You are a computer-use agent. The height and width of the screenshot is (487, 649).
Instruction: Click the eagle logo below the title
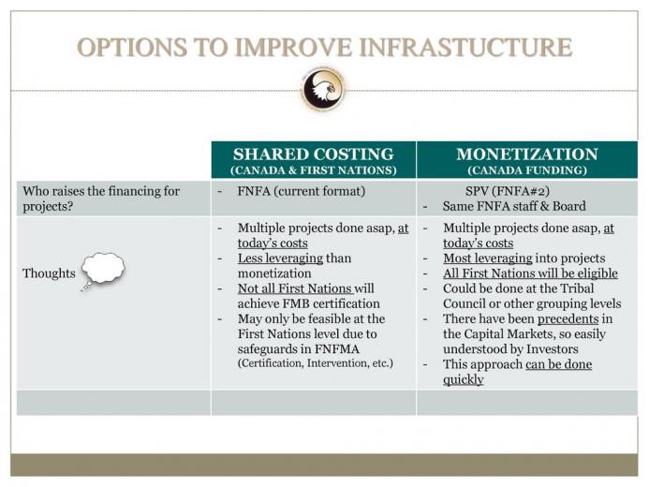pyautogui.click(x=323, y=89)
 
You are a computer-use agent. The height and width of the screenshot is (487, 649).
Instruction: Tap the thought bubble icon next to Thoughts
pyautogui.click(x=103, y=271)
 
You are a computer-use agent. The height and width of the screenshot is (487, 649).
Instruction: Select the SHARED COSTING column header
pyautogui.click(x=314, y=155)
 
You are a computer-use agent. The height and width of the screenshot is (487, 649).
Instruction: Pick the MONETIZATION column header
pyautogui.click(x=527, y=155)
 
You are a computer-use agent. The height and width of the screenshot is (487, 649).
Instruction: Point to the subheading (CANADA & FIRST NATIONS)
pyautogui.click(x=314, y=170)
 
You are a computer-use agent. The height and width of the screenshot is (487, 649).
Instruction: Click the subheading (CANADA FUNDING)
pyautogui.click(x=527, y=170)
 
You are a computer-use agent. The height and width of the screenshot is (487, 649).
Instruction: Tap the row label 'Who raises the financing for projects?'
pyautogui.click(x=101, y=199)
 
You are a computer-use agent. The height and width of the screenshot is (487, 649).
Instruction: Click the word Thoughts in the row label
pyautogui.click(x=49, y=273)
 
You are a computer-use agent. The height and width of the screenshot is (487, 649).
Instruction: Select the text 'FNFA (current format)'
pyautogui.click(x=302, y=191)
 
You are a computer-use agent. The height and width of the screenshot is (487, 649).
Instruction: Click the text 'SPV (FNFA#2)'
pyautogui.click(x=508, y=191)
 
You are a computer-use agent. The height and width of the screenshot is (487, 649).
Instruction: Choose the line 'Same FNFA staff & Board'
pyautogui.click(x=514, y=206)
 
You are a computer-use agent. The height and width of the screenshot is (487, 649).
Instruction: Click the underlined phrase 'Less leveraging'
pyautogui.click(x=280, y=258)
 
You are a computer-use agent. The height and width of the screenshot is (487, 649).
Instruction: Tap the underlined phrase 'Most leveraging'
pyautogui.click(x=488, y=258)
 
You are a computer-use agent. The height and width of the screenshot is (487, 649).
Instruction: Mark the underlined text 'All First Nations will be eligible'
pyautogui.click(x=530, y=273)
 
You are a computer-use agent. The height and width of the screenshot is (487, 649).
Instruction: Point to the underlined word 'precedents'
pyautogui.click(x=568, y=319)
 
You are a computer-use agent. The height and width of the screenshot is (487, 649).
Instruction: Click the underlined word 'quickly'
pyautogui.click(x=464, y=379)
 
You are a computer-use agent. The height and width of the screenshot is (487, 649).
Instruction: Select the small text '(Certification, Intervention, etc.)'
pyautogui.click(x=316, y=363)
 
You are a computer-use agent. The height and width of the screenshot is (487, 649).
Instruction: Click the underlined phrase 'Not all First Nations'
pyautogui.click(x=295, y=288)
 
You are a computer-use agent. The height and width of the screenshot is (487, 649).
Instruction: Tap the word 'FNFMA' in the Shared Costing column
pyautogui.click(x=337, y=349)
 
